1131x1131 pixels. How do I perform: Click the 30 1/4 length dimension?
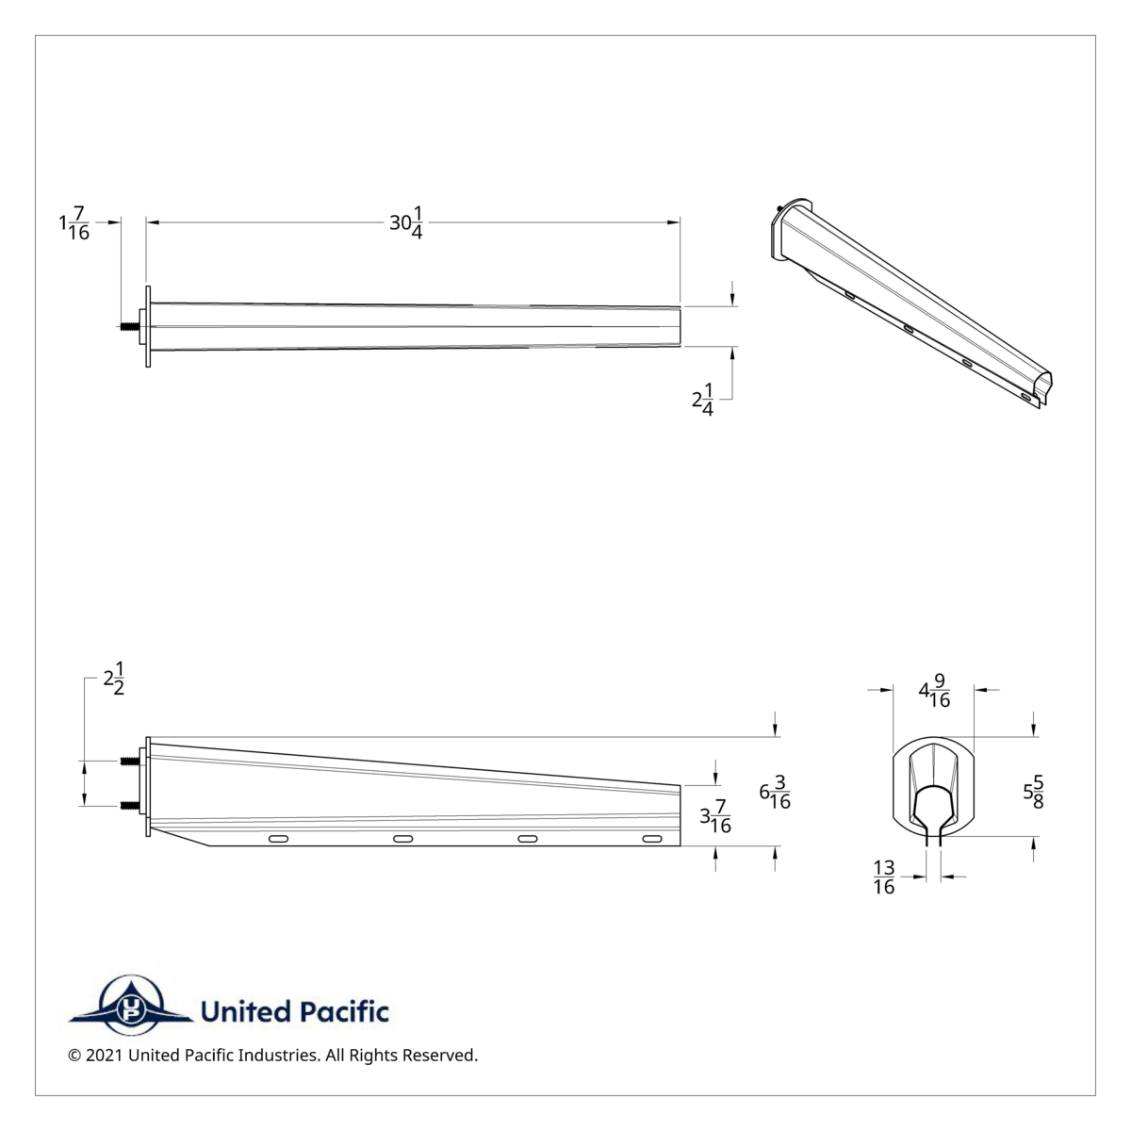click(x=406, y=225)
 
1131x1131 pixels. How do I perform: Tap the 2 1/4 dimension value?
click(x=703, y=402)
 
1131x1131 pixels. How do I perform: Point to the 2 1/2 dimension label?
click(x=114, y=679)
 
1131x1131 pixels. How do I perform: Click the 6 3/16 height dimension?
click(x=775, y=793)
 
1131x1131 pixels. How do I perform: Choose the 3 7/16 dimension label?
click(x=715, y=817)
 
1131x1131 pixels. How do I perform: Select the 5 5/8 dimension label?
click(x=1033, y=792)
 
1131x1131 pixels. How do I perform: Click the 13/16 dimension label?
click(x=884, y=877)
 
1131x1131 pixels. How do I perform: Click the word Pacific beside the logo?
click(x=341, y=1012)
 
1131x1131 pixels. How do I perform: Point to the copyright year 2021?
click(x=104, y=1056)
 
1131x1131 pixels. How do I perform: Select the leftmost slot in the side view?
click(x=279, y=838)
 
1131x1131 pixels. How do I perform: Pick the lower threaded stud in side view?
click(x=130, y=805)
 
